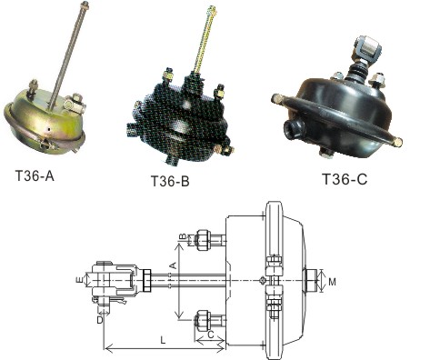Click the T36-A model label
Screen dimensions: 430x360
tap(35, 175)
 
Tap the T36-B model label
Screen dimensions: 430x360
tap(170, 181)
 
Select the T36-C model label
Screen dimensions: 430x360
tap(345, 178)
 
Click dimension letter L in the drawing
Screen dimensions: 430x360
tap(163, 340)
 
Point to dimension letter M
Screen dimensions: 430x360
tap(332, 282)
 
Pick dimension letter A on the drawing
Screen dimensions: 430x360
tap(173, 265)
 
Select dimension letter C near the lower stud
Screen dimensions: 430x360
tap(211, 335)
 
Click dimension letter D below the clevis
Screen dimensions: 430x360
tap(100, 320)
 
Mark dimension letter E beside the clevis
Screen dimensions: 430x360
tap(79, 279)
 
